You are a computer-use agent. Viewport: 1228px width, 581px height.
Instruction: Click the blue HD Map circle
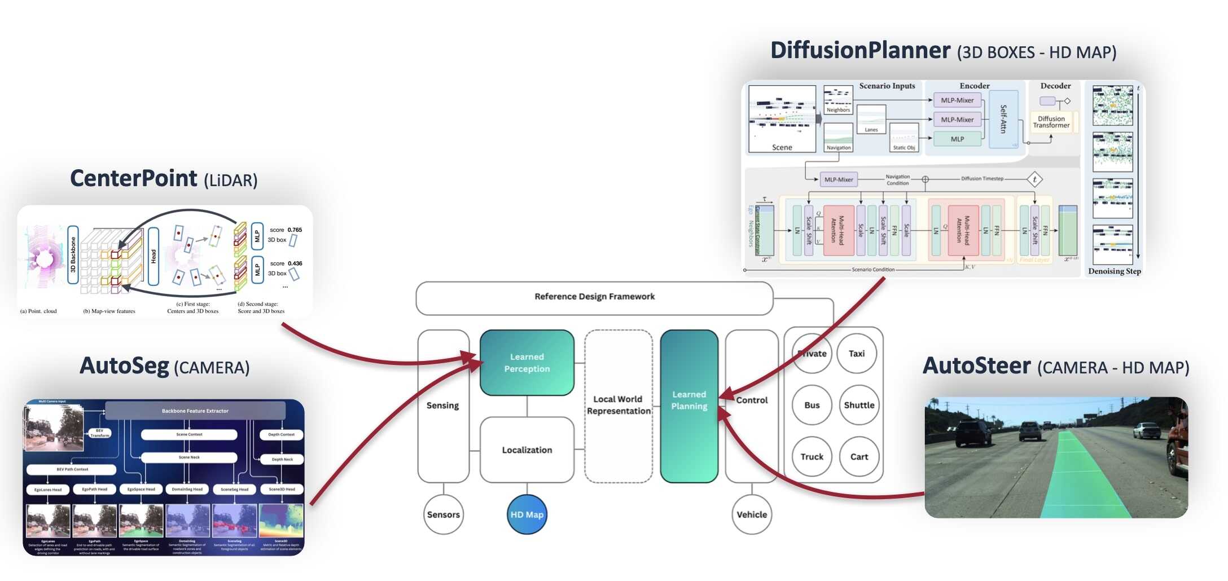click(x=527, y=514)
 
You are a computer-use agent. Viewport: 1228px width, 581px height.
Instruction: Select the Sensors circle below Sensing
click(x=443, y=514)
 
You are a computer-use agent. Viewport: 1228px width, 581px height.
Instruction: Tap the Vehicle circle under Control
click(x=751, y=514)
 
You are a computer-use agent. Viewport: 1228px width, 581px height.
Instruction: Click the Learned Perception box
click(x=527, y=363)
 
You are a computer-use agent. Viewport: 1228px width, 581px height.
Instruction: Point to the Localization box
click(x=527, y=450)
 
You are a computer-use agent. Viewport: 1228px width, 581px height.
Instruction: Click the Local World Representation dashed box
click(x=619, y=405)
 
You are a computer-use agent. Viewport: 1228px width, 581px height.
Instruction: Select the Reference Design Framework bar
click(x=594, y=297)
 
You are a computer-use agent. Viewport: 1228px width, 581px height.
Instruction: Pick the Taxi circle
click(x=857, y=354)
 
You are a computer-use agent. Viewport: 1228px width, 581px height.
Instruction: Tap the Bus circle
click(x=812, y=405)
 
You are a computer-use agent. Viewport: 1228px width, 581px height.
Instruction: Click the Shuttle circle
click(x=859, y=405)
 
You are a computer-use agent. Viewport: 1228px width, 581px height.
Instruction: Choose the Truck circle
click(x=812, y=457)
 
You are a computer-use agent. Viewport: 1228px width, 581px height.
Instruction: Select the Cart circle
click(x=859, y=457)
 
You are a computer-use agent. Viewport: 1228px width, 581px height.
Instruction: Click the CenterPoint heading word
click(x=133, y=179)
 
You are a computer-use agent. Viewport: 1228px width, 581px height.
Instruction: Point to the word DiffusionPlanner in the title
click(x=860, y=51)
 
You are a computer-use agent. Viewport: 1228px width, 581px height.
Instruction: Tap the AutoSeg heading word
click(x=124, y=366)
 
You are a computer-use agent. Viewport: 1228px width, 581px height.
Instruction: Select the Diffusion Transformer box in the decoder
click(x=1051, y=122)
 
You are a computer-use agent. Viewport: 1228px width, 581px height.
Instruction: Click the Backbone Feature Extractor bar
click(x=195, y=411)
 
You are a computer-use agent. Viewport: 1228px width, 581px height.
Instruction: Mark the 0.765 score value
click(x=295, y=230)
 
